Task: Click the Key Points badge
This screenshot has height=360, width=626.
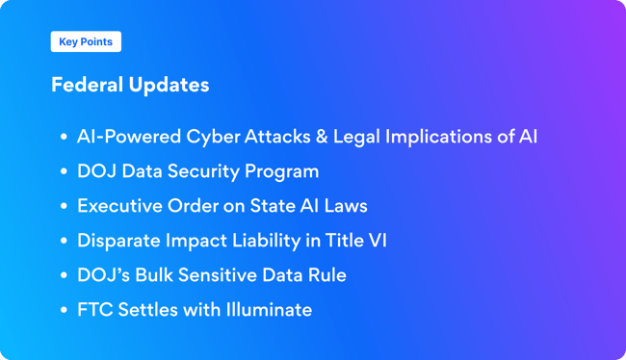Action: coord(86,41)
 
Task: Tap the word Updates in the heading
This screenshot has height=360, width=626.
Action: coord(173,85)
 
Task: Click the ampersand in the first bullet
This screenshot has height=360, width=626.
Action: coord(320,136)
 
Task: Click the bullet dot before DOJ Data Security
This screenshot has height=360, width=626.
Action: coord(63,172)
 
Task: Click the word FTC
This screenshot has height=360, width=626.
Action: coord(93,310)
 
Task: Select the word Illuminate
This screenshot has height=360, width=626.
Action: coord(265,310)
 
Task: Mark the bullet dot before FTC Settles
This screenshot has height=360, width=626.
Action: coord(63,311)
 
